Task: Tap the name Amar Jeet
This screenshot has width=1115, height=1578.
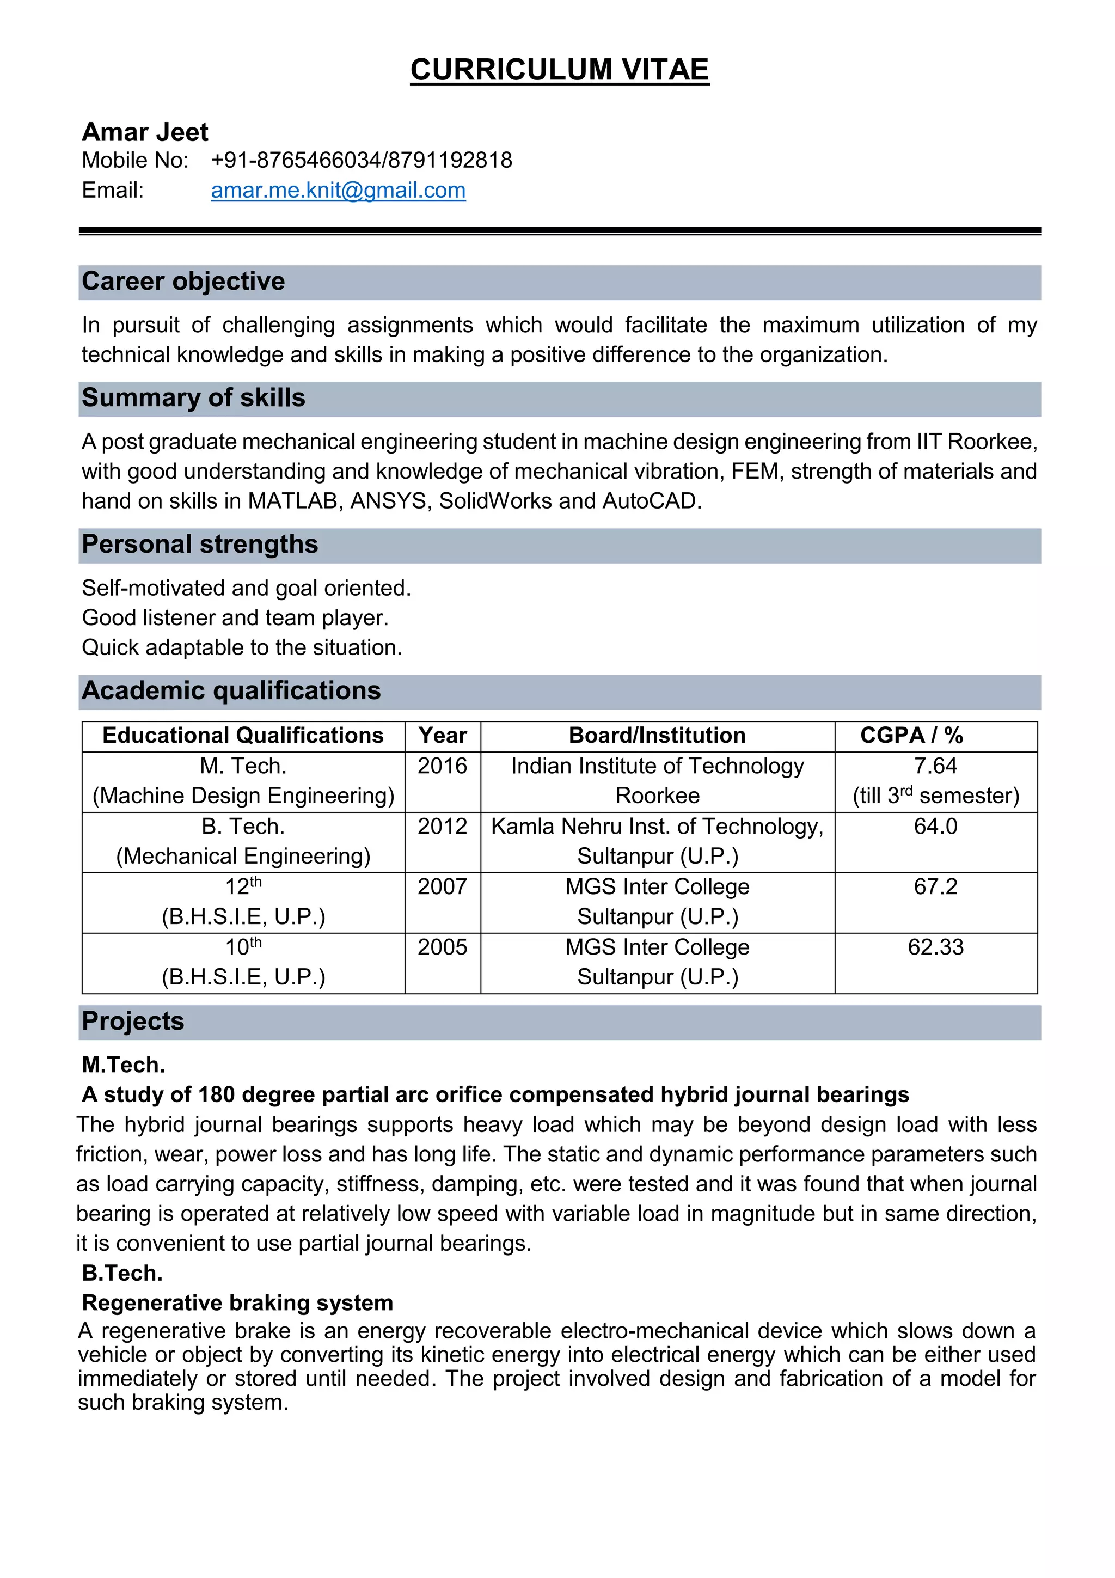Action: (x=144, y=132)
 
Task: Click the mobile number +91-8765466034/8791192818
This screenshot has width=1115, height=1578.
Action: (x=362, y=160)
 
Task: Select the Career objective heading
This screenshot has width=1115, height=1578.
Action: (x=183, y=281)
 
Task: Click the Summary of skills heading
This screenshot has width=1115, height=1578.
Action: (x=193, y=398)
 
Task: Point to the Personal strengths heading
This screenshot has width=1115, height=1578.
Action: (x=199, y=545)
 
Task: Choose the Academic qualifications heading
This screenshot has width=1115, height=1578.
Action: (x=231, y=691)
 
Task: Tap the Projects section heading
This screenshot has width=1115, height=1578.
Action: (x=133, y=1022)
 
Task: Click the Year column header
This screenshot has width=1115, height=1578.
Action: (x=443, y=736)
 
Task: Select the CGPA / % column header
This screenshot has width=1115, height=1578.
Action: (x=911, y=736)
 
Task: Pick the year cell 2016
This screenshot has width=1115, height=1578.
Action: (x=443, y=766)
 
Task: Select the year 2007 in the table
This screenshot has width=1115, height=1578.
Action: (x=443, y=886)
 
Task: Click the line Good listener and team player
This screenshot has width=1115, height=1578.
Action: (x=235, y=618)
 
